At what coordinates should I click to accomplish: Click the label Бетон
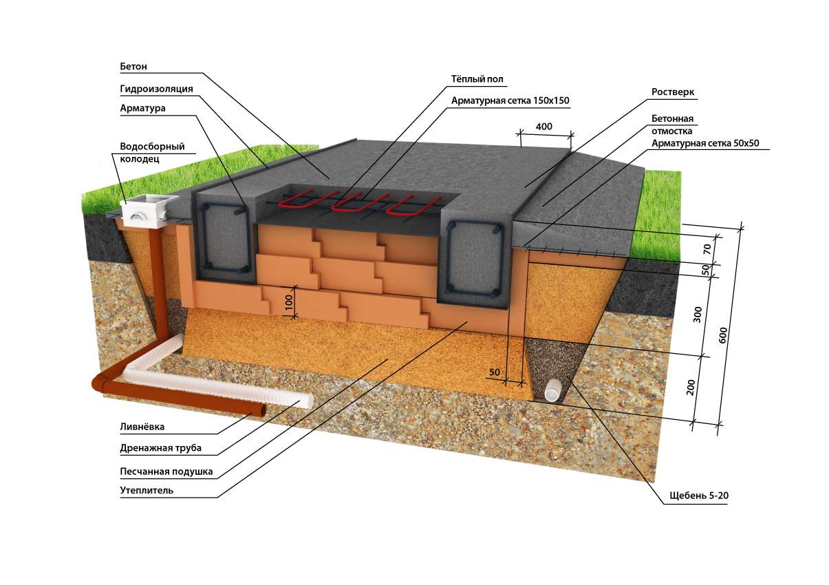[x=134, y=67]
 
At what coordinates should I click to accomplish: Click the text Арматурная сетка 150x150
[x=510, y=100]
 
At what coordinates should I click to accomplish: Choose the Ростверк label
[x=671, y=92]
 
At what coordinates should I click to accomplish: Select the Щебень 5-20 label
[x=698, y=496]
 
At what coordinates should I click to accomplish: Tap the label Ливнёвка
[x=142, y=427]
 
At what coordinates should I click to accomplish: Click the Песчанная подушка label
[x=166, y=471]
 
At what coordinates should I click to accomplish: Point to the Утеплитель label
[x=147, y=491]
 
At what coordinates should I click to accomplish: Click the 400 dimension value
[x=545, y=127]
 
